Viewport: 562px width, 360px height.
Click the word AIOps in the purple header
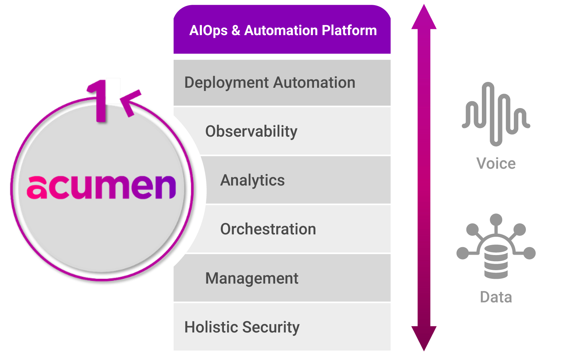pos(208,30)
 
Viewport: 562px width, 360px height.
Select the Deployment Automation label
pos(270,83)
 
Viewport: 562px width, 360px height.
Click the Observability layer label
pos(251,132)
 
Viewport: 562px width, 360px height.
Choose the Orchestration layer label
pos(268,229)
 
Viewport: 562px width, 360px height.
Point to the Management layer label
pos(252,278)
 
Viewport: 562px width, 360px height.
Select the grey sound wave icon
pos(496,114)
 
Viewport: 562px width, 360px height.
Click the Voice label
pos(496,163)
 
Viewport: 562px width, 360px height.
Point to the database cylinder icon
pos(496,262)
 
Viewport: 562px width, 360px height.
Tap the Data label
pos(496,297)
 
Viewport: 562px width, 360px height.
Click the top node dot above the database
pos(496,219)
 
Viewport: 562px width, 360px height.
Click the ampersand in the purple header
pos(236,30)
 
